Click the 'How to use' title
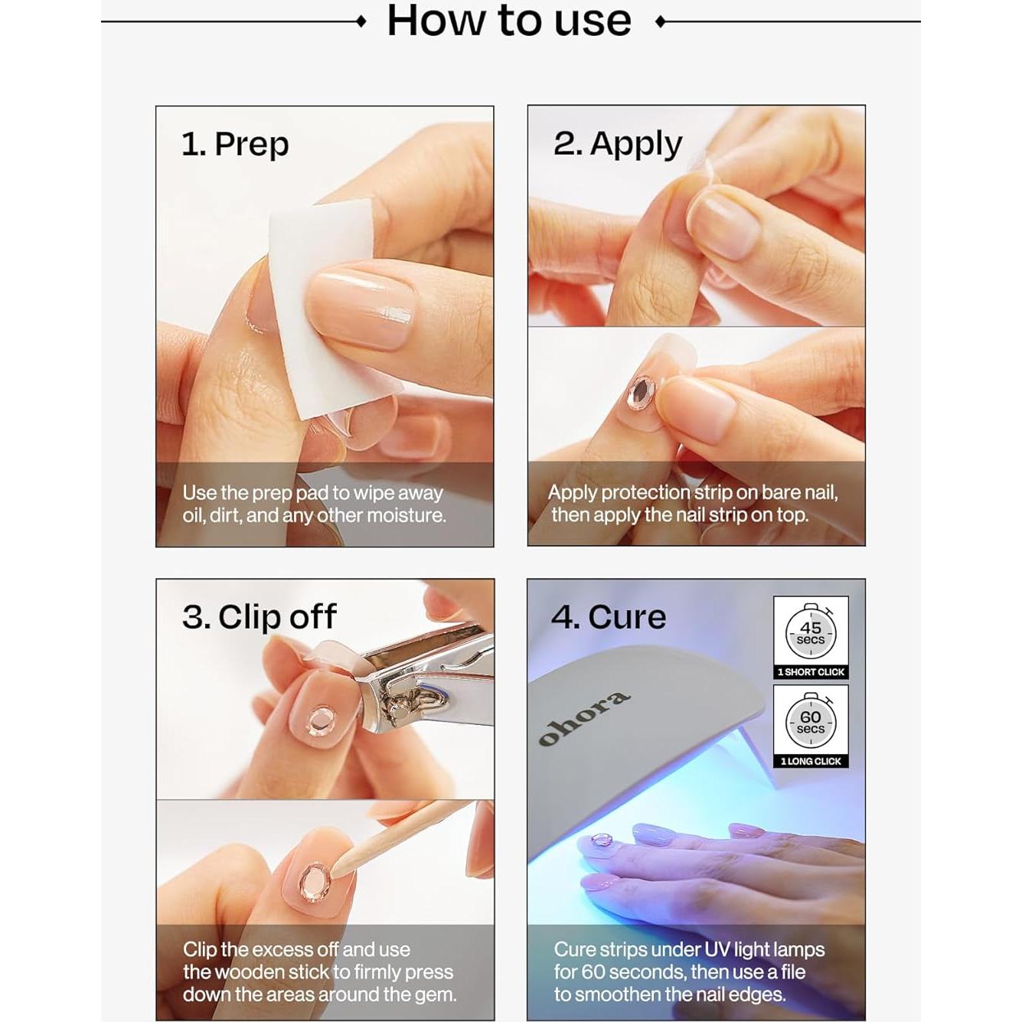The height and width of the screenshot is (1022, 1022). pyautogui.click(x=509, y=21)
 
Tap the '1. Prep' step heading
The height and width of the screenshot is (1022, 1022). pyautogui.click(x=235, y=144)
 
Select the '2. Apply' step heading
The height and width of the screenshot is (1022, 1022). pyautogui.click(x=617, y=144)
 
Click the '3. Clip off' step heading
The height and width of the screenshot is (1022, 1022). pyautogui.click(x=259, y=617)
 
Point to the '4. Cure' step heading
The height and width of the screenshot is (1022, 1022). pyautogui.click(x=609, y=617)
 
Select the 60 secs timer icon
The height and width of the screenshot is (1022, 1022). pyautogui.click(x=811, y=722)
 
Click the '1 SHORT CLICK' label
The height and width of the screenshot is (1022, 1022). pyautogui.click(x=811, y=672)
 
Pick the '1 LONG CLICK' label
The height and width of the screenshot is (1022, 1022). pyautogui.click(x=811, y=761)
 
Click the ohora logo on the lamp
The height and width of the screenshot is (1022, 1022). pyautogui.click(x=584, y=719)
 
